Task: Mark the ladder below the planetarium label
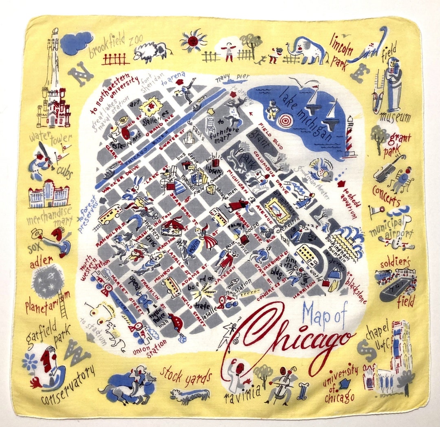point(63,304)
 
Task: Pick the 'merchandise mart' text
point(49,216)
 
